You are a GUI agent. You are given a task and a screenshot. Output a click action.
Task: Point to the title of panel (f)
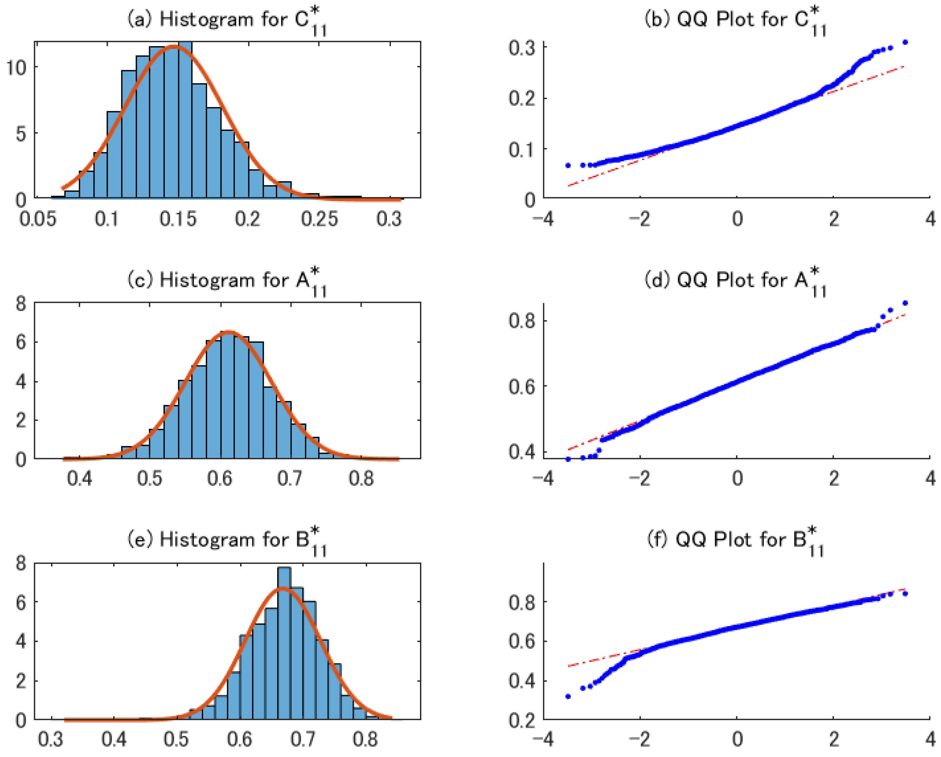(x=736, y=540)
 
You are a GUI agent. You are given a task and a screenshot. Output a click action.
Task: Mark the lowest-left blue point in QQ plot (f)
(x=568, y=696)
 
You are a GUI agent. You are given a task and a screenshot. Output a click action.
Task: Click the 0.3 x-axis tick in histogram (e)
(x=51, y=739)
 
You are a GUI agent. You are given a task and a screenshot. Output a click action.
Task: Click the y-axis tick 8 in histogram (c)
(x=20, y=303)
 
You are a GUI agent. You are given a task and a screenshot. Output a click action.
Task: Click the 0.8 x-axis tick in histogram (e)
(x=365, y=739)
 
